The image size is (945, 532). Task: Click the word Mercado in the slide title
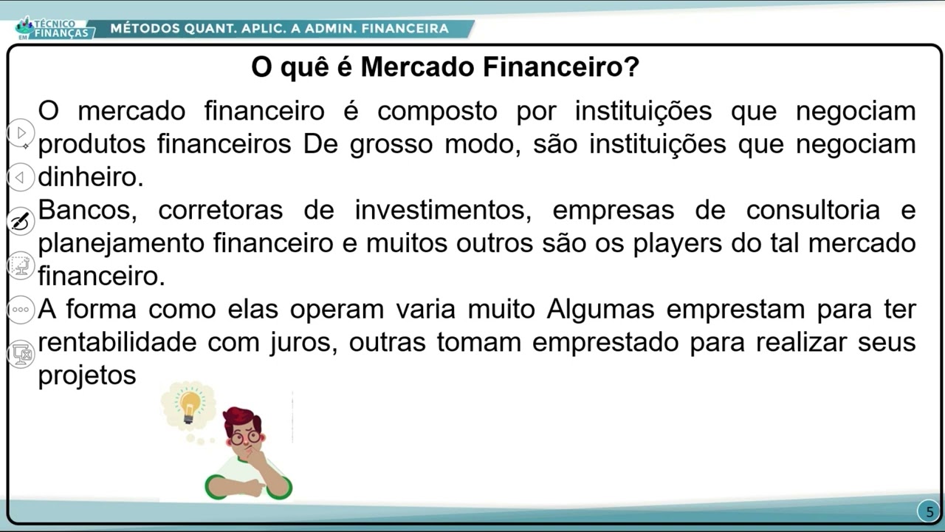pyautogui.click(x=417, y=66)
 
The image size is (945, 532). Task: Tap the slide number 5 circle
pyautogui.click(x=929, y=511)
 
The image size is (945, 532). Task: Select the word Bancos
pyautogui.click(x=88, y=209)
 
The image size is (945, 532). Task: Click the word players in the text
pyautogui.click(x=677, y=244)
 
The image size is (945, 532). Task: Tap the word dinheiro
pyautogui.click(x=91, y=177)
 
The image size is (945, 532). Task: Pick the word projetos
pyautogui.click(x=87, y=375)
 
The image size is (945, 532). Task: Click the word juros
pyautogui.click(x=303, y=342)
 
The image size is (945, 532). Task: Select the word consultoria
pyautogui.click(x=813, y=209)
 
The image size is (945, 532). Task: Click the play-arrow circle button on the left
pyautogui.click(x=20, y=133)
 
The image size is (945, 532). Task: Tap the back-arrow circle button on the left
pyautogui.click(x=20, y=177)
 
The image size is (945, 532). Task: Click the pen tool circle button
pyautogui.click(x=20, y=221)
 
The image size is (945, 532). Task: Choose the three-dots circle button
pyautogui.click(x=20, y=310)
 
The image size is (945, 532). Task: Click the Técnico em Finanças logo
pyautogui.click(x=52, y=29)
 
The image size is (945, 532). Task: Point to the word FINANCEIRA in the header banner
pyautogui.click(x=405, y=28)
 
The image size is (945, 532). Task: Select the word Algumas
pyautogui.click(x=600, y=309)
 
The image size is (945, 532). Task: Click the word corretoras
pyautogui.click(x=220, y=209)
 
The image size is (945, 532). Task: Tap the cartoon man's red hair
pyautogui.click(x=241, y=417)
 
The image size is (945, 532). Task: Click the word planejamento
pyautogui.click(x=121, y=244)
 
